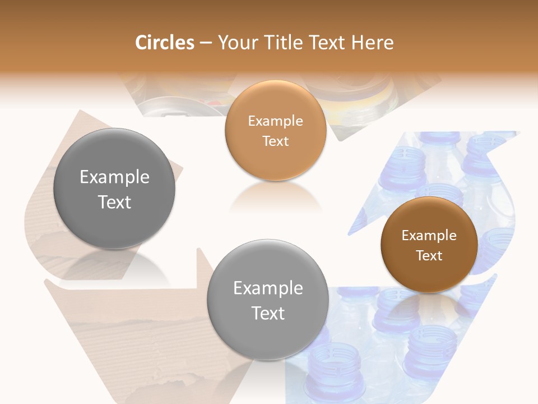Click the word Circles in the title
(164, 43)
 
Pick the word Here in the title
(373, 43)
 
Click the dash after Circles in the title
(205, 43)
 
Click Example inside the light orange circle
(275, 121)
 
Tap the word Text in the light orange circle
(275, 141)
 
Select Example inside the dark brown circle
(429, 236)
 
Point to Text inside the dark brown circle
(429, 256)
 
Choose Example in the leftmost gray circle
(114, 177)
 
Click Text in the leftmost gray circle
(114, 202)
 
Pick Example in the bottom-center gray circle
(268, 288)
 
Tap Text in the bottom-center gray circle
(268, 313)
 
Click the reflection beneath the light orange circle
(275, 196)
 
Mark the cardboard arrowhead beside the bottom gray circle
(203, 269)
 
